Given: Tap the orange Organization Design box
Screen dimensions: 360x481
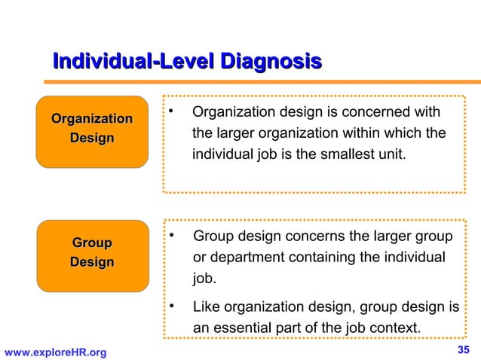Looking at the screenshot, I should pos(92,130).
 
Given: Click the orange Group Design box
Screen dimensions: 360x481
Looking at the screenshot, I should pos(92,254).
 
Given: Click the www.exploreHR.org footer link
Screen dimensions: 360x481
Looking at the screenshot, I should pos(56,352).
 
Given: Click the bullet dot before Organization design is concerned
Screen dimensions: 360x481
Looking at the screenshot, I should pos(172,112).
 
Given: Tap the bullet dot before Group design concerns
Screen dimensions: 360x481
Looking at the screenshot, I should pos(172,236).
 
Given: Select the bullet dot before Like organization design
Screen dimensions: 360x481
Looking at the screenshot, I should pos(172,307).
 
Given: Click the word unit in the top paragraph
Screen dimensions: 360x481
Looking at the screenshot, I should pos(392,154).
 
